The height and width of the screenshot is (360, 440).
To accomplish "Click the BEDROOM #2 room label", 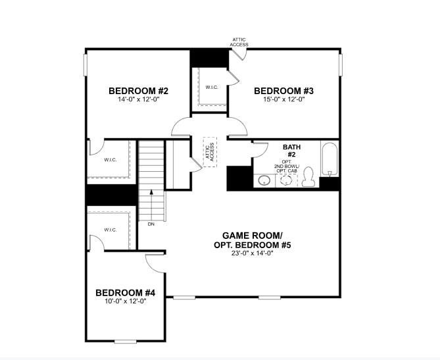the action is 138,91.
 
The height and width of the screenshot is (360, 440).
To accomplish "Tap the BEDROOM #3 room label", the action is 283,91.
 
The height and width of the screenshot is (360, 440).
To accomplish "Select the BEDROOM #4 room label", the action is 125,293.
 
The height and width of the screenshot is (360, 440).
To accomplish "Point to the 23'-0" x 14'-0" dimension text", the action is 253,253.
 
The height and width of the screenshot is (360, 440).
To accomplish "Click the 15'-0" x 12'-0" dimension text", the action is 283,99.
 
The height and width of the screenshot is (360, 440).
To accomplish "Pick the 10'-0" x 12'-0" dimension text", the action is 126,301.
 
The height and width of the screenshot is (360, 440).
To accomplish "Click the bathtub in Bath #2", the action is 330,159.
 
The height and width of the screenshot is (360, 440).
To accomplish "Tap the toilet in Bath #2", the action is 308,176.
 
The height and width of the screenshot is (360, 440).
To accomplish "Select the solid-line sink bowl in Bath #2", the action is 264,180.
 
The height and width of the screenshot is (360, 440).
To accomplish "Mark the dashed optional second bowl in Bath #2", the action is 286,180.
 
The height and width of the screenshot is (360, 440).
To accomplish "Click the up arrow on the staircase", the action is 151,205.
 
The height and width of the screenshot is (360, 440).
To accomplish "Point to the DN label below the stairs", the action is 151,224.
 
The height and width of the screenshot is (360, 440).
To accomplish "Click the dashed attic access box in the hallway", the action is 210,152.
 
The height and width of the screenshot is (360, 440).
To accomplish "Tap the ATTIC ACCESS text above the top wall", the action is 239,42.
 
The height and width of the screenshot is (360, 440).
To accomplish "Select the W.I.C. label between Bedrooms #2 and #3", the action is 212,88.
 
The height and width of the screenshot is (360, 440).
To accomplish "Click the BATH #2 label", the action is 291,151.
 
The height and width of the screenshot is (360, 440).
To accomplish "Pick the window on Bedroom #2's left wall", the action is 86,65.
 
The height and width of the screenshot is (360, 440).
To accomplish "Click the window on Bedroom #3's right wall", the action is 341,65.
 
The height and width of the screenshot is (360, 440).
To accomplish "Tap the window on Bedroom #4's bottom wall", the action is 126,342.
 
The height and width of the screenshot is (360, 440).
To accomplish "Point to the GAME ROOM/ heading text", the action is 253,236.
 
